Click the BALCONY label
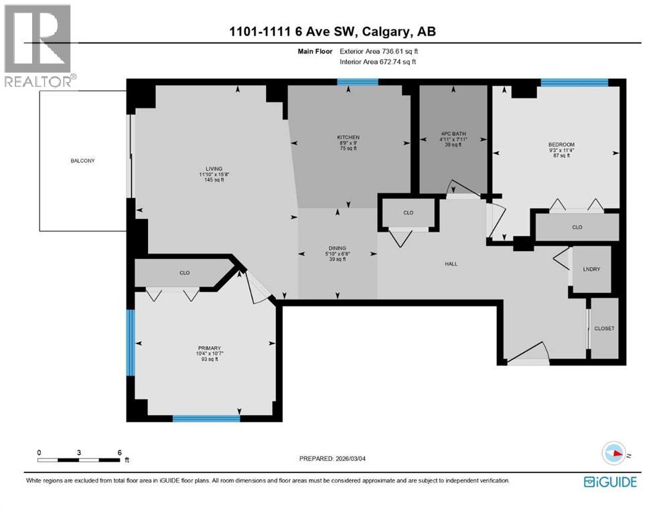pos(84,161)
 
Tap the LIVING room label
pos(214,169)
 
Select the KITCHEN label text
pos(348,137)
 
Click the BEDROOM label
pos(561,144)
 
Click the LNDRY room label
pos(592,269)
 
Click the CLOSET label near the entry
pos(604,329)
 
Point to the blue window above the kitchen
pos(357,82)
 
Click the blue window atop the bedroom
pos(574,82)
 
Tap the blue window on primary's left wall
pos(131,343)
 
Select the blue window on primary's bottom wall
pos(206,419)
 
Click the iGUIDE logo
pos(610,482)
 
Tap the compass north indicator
pos(614,453)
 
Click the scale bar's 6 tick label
pos(119,452)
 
